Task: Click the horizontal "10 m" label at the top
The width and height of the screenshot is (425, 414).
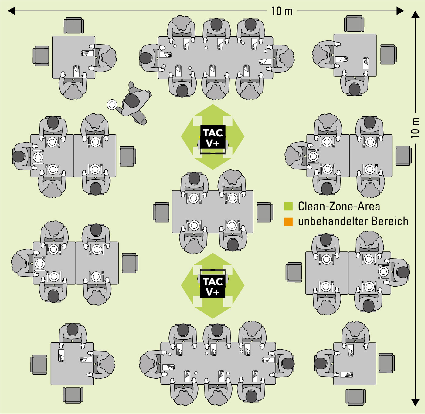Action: coord(282,11)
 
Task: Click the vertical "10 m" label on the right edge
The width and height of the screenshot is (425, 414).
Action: coord(415,128)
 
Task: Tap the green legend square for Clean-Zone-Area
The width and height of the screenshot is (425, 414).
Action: coord(288,206)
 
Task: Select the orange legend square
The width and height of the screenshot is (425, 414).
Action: coord(288,222)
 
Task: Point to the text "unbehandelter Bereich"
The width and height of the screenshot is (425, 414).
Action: coord(353,221)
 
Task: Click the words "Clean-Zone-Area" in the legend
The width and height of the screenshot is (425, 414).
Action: coord(339,206)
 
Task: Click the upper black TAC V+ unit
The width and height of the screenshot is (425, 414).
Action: coord(213,137)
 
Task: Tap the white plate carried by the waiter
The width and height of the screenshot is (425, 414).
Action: coord(112,105)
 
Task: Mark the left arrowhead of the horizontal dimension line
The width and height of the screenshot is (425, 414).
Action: coord(12,11)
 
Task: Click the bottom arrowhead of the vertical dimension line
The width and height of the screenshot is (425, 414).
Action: coord(415,402)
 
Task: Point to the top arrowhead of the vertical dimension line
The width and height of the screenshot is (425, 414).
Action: coord(415,15)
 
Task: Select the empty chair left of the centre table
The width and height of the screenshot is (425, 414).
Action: coord(161,212)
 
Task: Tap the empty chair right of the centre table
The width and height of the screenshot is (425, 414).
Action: coord(265,212)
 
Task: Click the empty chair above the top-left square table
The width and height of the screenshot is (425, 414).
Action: coord(73,26)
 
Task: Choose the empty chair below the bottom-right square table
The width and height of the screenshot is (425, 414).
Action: coord(355,397)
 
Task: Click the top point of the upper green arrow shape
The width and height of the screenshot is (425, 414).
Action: coord(213,105)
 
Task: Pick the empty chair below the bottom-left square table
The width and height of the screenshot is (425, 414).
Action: coord(73,395)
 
